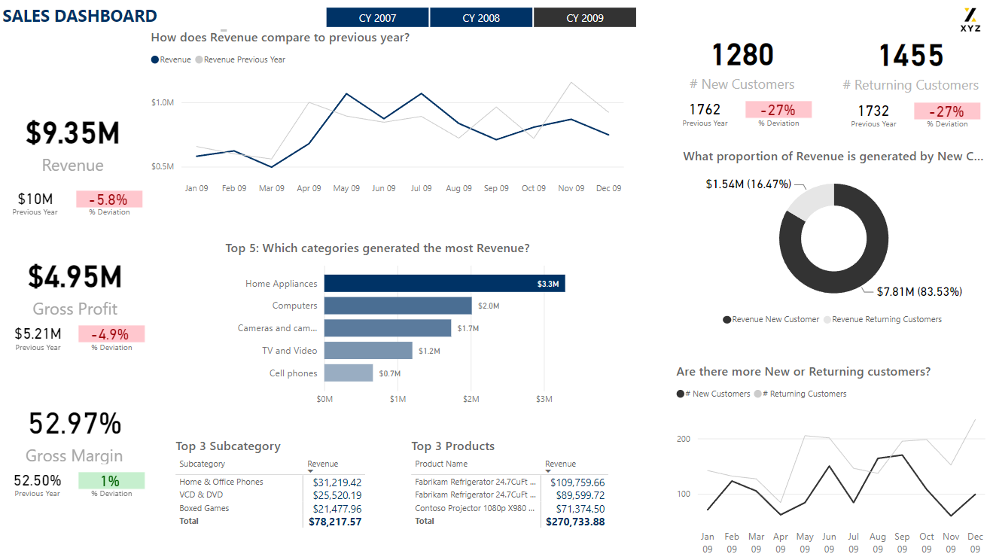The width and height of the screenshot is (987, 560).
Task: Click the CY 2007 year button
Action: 377,17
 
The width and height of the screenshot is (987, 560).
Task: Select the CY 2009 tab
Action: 585,17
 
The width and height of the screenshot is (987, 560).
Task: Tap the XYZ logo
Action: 970,20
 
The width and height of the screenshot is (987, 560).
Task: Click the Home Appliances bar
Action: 444,283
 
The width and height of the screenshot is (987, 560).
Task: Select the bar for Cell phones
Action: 349,373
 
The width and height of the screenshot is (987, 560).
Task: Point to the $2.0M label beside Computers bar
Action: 489,306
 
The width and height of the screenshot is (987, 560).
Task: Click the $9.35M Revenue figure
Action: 73,132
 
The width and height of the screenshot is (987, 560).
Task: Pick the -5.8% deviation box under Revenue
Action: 109,199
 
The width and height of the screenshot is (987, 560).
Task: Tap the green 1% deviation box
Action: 111,480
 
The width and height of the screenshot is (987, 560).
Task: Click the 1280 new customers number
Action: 742,55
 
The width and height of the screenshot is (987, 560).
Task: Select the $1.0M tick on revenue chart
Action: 163,102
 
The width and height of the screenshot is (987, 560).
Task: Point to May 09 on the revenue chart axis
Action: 346,188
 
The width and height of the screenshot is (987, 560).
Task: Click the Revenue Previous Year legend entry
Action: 244,59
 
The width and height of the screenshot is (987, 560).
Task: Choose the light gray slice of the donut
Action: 810,202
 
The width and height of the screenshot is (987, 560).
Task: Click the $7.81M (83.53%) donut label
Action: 919,291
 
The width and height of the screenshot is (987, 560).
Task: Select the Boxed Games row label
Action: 204,508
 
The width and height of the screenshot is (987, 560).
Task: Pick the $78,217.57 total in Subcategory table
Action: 335,521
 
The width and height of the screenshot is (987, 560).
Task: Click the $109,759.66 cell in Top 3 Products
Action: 577,482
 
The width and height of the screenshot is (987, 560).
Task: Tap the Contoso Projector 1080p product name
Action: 476,508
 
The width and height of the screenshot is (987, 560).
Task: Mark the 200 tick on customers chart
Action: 684,439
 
